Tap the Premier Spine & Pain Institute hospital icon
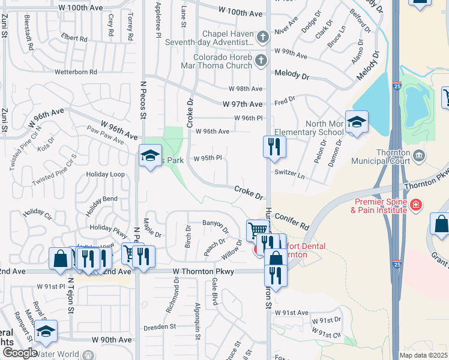415,205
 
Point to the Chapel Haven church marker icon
262,38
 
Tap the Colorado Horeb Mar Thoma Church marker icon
261,60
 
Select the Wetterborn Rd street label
76,72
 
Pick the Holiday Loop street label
105,175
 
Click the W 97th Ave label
243,104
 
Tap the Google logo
19,353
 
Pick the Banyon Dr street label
215,226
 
